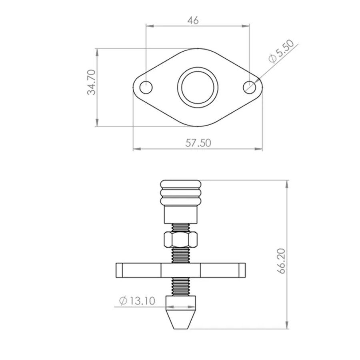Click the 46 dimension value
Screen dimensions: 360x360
click(193, 20)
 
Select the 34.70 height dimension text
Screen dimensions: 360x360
click(92, 82)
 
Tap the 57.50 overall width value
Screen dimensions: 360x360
click(198, 143)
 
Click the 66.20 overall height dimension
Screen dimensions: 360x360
click(281, 261)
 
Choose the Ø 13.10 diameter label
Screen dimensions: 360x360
click(137, 301)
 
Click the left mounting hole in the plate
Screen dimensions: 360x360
click(146, 87)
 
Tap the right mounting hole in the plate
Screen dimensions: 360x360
click(250, 87)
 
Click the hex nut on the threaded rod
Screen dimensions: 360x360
click(181, 240)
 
